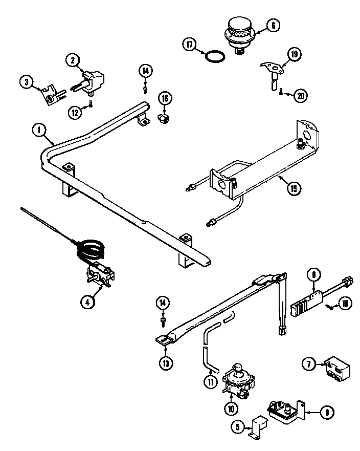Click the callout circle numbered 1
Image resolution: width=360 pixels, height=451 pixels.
[37, 131]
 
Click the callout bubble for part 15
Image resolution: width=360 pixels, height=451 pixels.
[292, 187]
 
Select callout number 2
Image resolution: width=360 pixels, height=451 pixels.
[73, 60]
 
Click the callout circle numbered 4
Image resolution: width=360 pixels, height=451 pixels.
[87, 302]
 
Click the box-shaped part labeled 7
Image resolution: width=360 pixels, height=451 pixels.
[334, 368]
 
